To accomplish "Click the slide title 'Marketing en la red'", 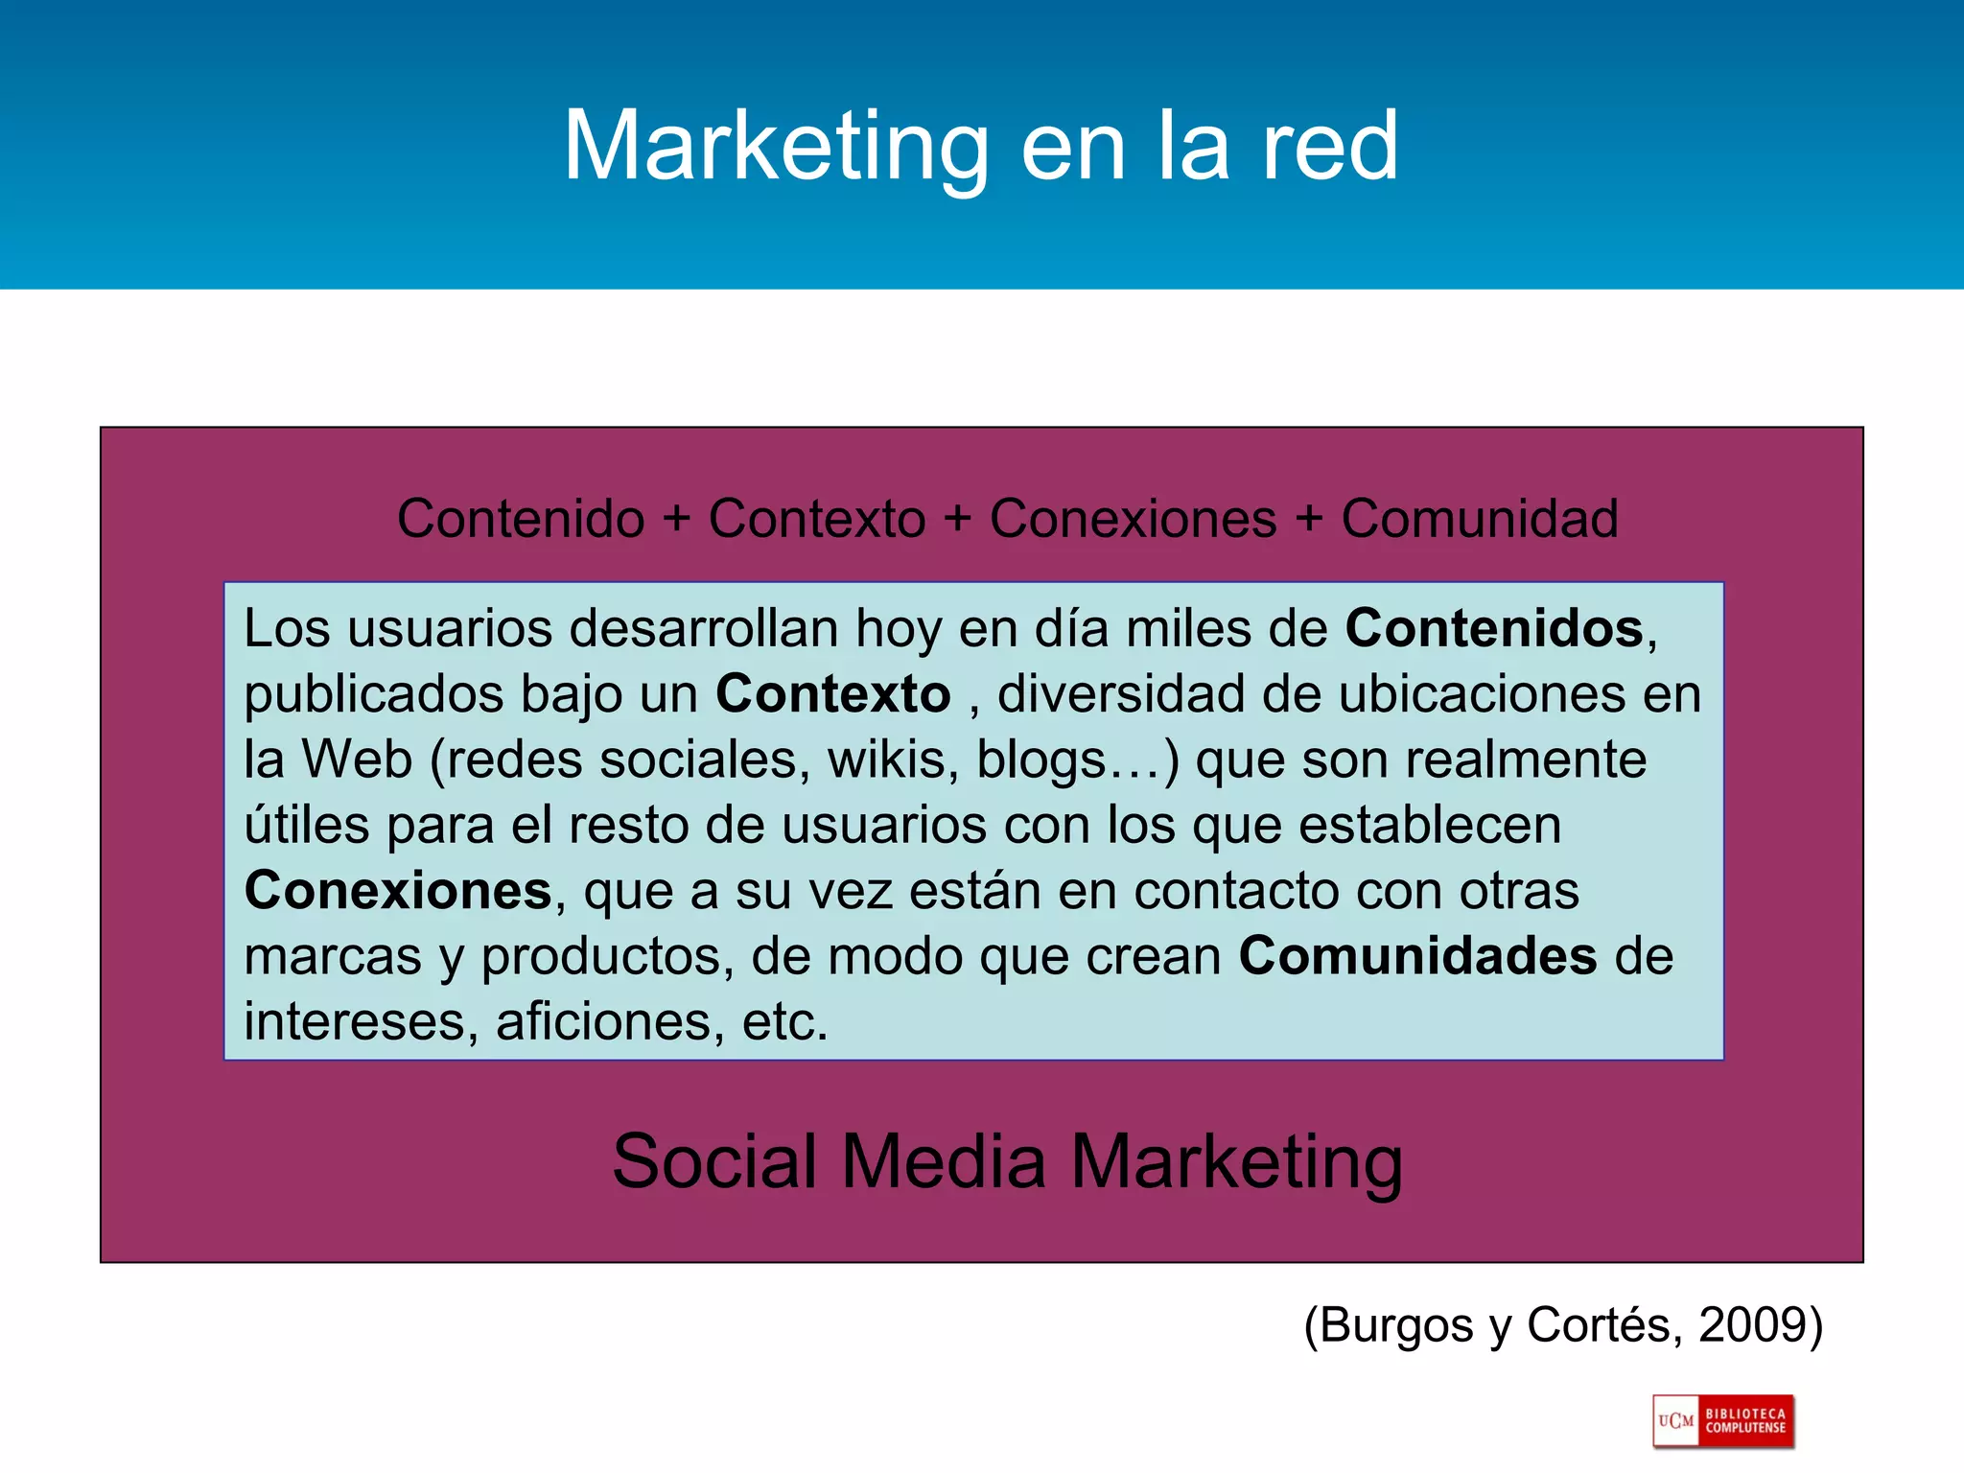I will pyautogui.click(x=980, y=146).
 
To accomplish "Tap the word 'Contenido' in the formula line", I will pyautogui.click(x=521, y=519).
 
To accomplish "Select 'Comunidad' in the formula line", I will pyautogui.click(x=1479, y=519).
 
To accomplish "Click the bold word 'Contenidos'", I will pyautogui.click(x=1494, y=629).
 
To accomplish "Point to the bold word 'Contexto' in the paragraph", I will pyautogui.click(x=832, y=694).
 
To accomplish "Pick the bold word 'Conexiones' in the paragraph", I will pyautogui.click(x=398, y=891).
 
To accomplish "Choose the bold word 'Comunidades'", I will pyautogui.click(x=1417, y=956).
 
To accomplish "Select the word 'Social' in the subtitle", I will pyautogui.click(x=714, y=1161).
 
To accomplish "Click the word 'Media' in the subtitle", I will pyautogui.click(x=944, y=1161).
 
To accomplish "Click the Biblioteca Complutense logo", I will pyautogui.click(x=1723, y=1421).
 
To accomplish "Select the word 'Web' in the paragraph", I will pyautogui.click(x=357, y=760).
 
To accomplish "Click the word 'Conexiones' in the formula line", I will pyautogui.click(x=1133, y=519).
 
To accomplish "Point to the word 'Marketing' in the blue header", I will pyautogui.click(x=775, y=146).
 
